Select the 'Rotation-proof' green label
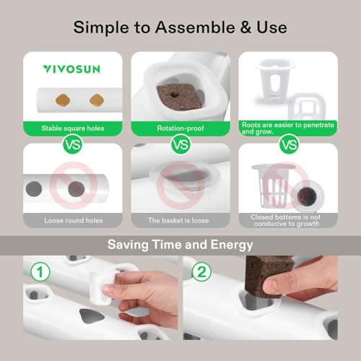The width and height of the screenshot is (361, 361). (x=180, y=130)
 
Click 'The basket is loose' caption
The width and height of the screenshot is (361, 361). (x=180, y=219)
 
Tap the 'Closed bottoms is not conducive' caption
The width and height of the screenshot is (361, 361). (x=288, y=219)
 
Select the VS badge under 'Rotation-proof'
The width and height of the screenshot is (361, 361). (x=180, y=144)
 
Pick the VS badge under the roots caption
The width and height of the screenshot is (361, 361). (x=289, y=144)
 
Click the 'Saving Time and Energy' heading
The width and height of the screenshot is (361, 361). (x=180, y=244)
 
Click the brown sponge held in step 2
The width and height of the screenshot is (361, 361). (x=271, y=275)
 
